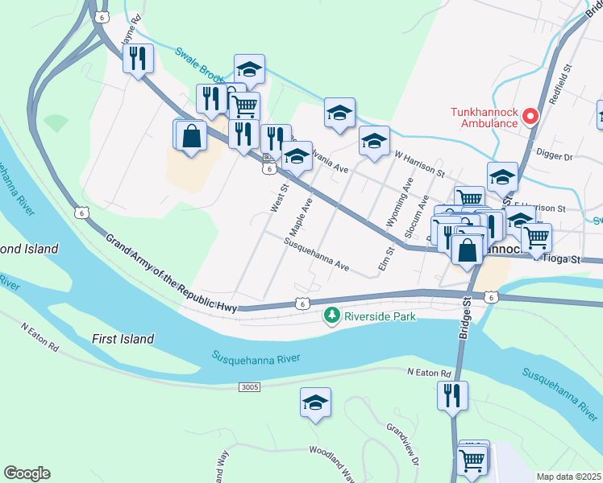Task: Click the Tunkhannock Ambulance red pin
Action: (x=530, y=117)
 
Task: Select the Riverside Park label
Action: (x=380, y=316)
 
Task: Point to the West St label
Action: (x=279, y=197)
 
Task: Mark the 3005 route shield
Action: (x=250, y=387)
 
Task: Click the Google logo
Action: (x=27, y=473)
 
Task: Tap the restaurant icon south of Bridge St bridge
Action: (x=452, y=396)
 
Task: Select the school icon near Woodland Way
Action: (x=315, y=404)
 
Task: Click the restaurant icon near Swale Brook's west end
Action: (x=138, y=59)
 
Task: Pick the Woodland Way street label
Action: (x=333, y=464)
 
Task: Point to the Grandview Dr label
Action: (x=403, y=443)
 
